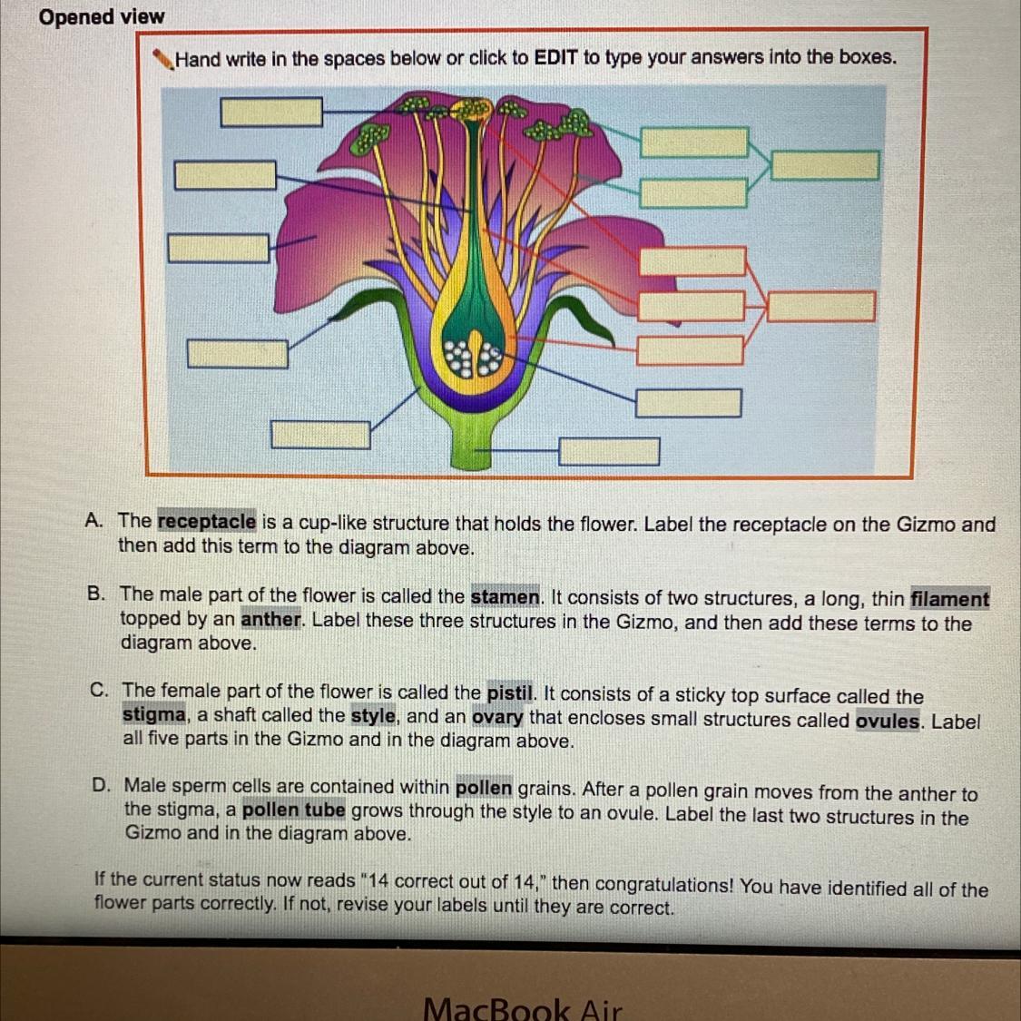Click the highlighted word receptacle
(x=207, y=522)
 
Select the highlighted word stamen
(x=506, y=597)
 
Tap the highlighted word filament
(x=949, y=599)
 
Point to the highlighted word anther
(x=270, y=621)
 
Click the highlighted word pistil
(x=510, y=693)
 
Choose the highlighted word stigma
(x=153, y=715)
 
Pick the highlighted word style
(x=374, y=716)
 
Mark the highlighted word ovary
(x=497, y=718)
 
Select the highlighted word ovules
(x=888, y=722)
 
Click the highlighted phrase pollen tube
(x=294, y=810)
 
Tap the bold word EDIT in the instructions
(x=555, y=58)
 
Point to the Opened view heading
(x=102, y=17)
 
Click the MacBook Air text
(x=522, y=1007)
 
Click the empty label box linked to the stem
(x=609, y=451)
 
